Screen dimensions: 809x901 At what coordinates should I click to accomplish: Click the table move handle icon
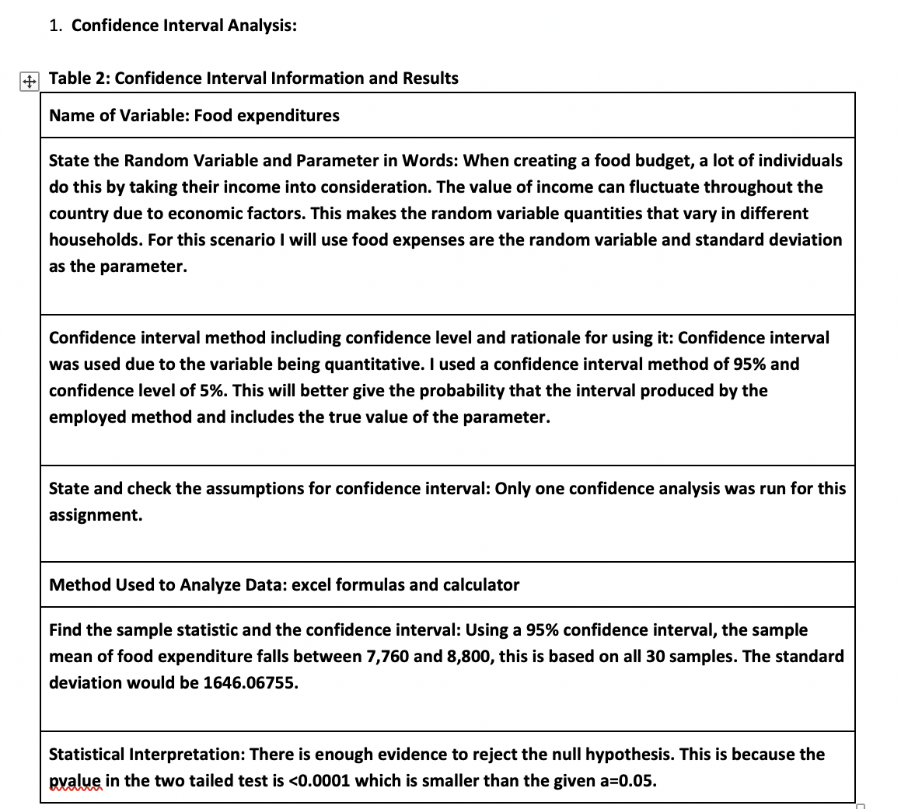pyautogui.click(x=28, y=81)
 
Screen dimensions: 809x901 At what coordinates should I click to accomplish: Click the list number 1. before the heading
pyautogui.click(x=56, y=26)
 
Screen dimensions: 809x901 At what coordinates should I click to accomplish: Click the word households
pyautogui.click(x=94, y=240)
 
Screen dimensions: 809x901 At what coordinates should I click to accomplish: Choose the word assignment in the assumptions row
pyautogui.click(x=95, y=515)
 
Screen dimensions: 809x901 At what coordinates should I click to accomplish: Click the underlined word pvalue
pyautogui.click(x=75, y=781)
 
